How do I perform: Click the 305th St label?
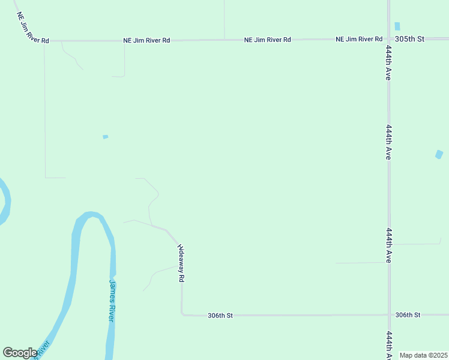point(409,39)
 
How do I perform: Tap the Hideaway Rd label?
point(180,263)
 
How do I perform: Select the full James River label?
point(111,300)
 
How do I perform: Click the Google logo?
point(20,353)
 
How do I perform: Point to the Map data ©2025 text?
point(423,355)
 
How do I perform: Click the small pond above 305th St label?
point(397,26)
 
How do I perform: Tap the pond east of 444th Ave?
point(439,154)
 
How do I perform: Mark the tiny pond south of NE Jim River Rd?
point(106,137)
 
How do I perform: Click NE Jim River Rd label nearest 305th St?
point(359,39)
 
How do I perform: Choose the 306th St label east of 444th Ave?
point(408,314)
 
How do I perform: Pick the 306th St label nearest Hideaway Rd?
point(220,315)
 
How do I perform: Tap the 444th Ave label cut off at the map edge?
point(389,345)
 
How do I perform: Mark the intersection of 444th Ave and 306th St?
point(389,314)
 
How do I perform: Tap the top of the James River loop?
point(91,215)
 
